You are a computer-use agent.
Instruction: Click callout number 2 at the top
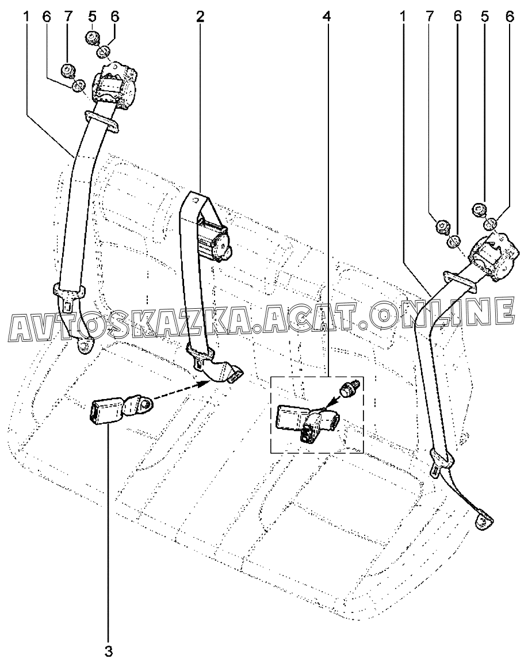coord(200,17)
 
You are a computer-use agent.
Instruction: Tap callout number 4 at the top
coord(327,17)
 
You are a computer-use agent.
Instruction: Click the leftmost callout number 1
coord(26,17)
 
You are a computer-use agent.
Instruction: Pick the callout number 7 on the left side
coord(68,17)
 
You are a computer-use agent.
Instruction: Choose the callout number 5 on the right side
coord(484,17)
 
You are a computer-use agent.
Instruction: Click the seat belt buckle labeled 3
coord(104,412)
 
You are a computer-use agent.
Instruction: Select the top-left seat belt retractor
coord(118,86)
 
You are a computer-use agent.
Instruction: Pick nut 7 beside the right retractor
coord(442,225)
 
